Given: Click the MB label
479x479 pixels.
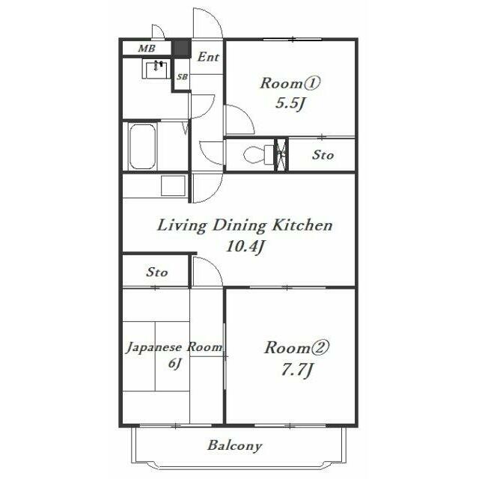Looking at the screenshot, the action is (x=147, y=48).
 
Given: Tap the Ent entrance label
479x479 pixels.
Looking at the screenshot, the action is (x=208, y=57).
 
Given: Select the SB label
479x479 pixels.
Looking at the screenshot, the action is (x=183, y=76).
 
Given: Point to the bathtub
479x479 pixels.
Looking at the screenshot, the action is (x=142, y=147).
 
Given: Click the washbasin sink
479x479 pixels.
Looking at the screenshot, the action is (x=156, y=69).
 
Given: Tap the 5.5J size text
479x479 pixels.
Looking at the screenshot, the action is (x=290, y=103).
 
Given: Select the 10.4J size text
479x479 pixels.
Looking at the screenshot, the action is (x=245, y=246).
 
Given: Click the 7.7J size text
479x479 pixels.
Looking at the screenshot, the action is (x=296, y=370).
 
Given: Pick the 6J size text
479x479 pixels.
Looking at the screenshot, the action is (x=174, y=364).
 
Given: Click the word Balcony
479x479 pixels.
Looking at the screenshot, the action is (x=234, y=446).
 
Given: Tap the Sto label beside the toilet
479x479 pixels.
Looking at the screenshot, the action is (x=323, y=155).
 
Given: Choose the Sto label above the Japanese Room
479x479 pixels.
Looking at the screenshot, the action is (x=157, y=272).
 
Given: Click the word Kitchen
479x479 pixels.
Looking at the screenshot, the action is (x=302, y=225).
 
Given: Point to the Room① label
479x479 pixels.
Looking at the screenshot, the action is (x=290, y=83).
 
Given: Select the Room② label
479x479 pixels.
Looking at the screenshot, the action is (x=296, y=347).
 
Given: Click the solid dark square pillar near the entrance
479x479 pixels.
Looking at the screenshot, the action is (x=181, y=48).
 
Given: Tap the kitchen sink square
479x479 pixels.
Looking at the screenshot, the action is (x=173, y=186).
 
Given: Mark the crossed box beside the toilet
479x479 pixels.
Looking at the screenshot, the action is (x=281, y=155).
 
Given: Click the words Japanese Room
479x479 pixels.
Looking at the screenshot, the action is (x=174, y=347).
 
